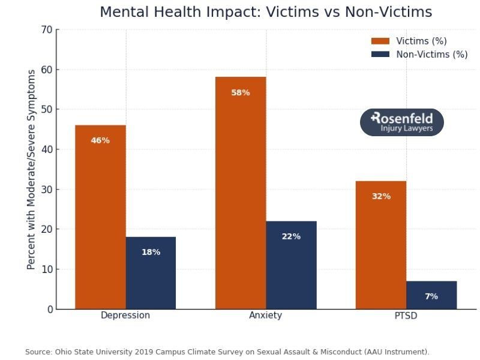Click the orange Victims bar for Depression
(x=100, y=216)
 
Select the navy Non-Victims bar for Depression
(x=151, y=273)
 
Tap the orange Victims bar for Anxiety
(x=241, y=192)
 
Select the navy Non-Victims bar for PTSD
(x=431, y=295)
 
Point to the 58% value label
(x=241, y=93)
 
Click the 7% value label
(x=431, y=296)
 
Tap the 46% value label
(x=100, y=140)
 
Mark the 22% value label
(x=291, y=236)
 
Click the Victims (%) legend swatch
(x=380, y=41)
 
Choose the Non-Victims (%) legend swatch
(x=380, y=55)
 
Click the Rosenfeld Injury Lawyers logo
(x=401, y=122)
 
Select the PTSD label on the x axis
(x=406, y=316)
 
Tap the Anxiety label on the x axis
(x=265, y=316)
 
